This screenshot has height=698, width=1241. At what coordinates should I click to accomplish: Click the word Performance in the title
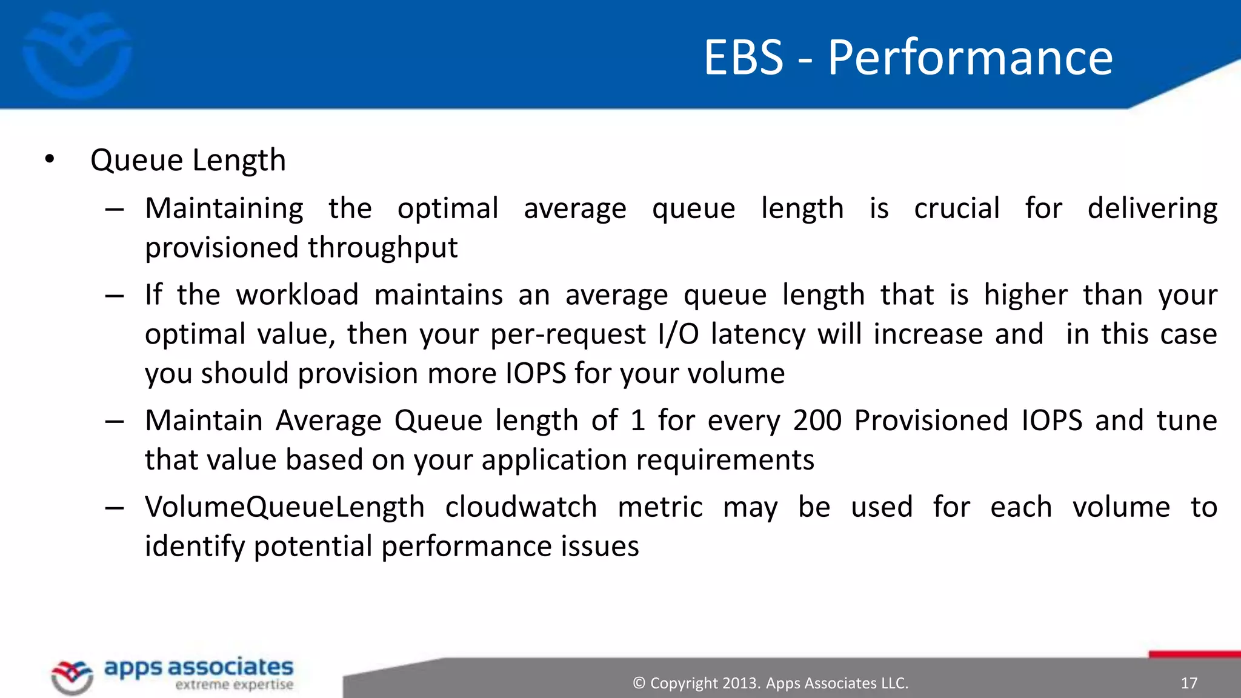coord(970,58)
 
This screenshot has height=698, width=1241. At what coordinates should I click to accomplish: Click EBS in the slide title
coord(744,58)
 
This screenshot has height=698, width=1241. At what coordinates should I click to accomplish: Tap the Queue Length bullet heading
coord(188,161)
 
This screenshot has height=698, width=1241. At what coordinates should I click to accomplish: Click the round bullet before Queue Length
coord(50,159)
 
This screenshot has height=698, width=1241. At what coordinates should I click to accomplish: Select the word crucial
coord(956,208)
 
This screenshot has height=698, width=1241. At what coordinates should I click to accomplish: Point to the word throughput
coord(382,248)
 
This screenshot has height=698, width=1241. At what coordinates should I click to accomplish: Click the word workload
coord(297,295)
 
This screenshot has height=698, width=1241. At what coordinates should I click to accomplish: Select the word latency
coord(757,334)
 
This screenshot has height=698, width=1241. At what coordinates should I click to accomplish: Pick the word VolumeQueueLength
coord(284,507)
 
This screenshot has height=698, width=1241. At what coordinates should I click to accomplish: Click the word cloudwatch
coord(521,507)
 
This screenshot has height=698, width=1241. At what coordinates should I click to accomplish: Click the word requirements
coord(725,460)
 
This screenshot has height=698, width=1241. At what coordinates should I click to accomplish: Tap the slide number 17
coord(1189,683)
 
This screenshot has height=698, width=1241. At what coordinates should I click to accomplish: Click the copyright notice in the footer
coord(770,683)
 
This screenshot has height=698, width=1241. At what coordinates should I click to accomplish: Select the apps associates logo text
coord(199,667)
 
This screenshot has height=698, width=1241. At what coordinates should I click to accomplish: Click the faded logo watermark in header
coord(77,55)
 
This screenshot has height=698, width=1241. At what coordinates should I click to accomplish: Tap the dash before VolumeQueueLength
coord(114,507)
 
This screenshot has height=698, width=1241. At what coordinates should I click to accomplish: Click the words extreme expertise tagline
coord(234,685)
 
